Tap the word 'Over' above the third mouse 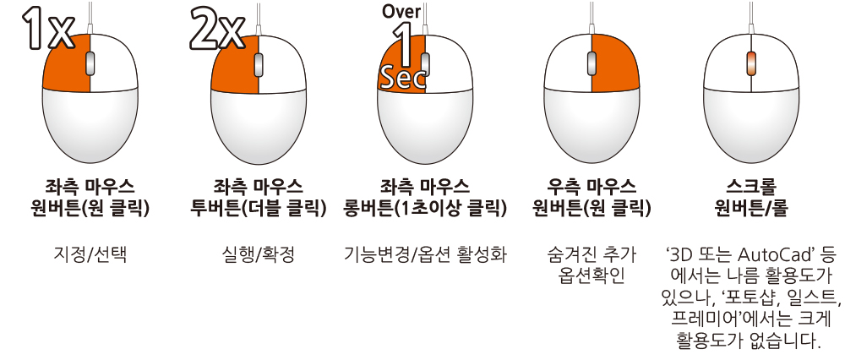click(x=401, y=13)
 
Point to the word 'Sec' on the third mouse click(x=402, y=79)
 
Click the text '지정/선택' click(x=90, y=254)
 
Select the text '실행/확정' click(x=258, y=254)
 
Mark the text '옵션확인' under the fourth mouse click(x=591, y=275)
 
